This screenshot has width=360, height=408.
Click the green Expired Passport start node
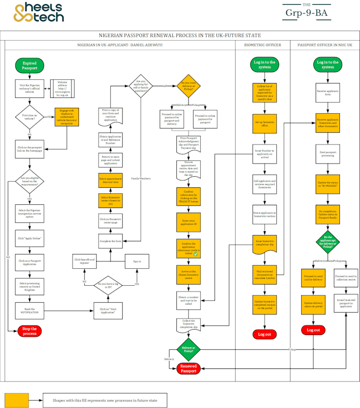pyautogui.click(x=30, y=66)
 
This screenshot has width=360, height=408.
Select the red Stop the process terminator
pyautogui.click(x=30, y=331)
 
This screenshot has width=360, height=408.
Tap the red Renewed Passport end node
pyautogui.click(x=188, y=368)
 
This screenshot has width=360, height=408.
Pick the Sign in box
pyautogui.click(x=137, y=261)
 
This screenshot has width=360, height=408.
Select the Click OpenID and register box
pyautogui.click(x=85, y=261)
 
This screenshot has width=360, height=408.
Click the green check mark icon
pyautogui.click(x=195, y=255)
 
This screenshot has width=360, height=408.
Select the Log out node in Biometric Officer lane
pyautogui.click(x=265, y=334)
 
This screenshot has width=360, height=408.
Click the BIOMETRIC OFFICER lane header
pyautogui.click(x=263, y=45)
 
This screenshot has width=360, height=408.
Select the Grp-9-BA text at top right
pyautogui.click(x=313, y=14)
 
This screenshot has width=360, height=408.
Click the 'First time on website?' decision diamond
pyautogui.click(x=30, y=115)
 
